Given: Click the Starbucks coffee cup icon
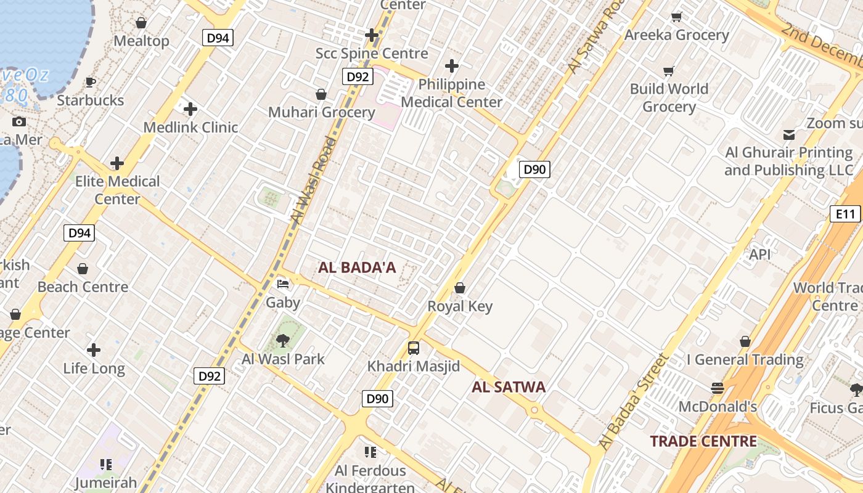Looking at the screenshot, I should [91, 82].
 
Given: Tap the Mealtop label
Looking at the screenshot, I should [141, 41].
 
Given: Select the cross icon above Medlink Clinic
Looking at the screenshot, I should [190, 110].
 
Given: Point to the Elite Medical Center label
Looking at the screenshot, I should [117, 190].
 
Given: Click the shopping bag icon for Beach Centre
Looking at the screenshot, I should [83, 269].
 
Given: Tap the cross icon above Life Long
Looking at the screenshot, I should [94, 351].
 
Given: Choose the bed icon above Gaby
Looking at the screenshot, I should [283, 284].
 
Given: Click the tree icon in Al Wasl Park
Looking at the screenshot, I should [283, 341].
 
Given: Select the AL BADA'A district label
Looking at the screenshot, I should [357, 268].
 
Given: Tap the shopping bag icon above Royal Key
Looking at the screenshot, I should [459, 288].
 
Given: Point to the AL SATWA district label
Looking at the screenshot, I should [509, 387].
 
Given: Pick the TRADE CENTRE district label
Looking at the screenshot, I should [703, 441].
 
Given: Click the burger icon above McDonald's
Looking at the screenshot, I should [717, 388].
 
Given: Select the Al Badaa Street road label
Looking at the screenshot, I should [634, 401].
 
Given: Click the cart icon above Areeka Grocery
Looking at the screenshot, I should [676, 17].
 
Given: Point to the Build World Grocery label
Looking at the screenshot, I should [669, 97].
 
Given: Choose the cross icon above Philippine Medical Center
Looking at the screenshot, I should [452, 66].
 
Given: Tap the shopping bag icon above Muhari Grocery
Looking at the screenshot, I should [321, 94].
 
